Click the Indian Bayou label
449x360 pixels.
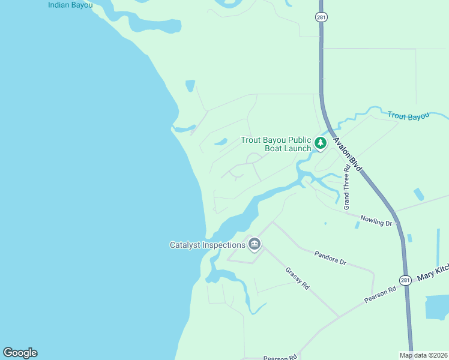70,5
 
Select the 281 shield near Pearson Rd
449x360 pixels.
405,280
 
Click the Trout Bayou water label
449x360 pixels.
409,115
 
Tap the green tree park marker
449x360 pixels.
321,143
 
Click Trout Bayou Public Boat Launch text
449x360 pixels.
276,144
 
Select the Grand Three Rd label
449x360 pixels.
347,188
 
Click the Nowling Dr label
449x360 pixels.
376,220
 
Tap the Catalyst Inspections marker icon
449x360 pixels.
254,244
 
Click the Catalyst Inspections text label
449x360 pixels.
207,245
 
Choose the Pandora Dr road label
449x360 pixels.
330,258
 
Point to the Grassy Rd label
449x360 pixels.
297,278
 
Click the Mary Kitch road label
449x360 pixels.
433,274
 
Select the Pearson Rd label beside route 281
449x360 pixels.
381,295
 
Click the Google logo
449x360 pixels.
20,353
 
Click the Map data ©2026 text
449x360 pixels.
423,355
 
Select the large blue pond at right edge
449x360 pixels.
436,307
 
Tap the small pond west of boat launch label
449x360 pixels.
220,142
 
